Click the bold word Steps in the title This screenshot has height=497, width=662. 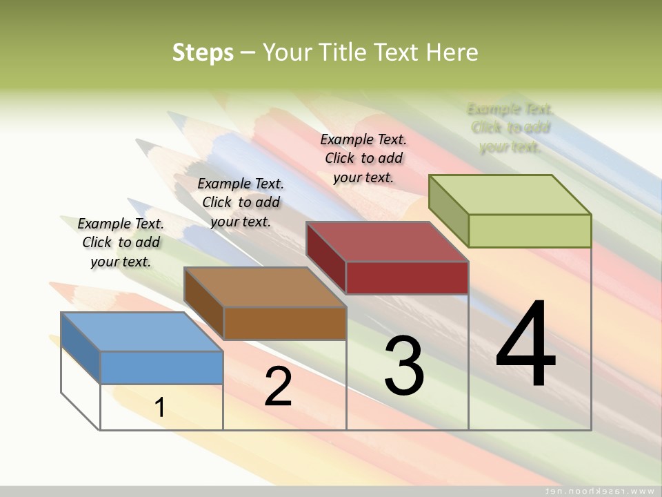coord(203,52)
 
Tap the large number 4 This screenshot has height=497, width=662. coord(525,345)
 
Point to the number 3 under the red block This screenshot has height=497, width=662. coord(404,366)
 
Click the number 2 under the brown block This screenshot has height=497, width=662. coord(278,387)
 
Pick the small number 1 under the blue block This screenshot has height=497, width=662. coord(159,408)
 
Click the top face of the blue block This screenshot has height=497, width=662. coord(142,331)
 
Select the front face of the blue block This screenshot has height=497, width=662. coord(161,367)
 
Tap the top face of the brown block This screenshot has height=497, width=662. coord(265,286)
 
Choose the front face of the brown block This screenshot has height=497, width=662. coord(285,323)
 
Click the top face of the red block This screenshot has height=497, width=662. coord(387,241)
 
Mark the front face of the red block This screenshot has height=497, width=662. coord(407,277)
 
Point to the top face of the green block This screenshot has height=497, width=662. coord(510,194)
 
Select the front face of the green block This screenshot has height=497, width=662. coord(530,231)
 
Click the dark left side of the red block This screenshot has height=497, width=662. coord(325,257)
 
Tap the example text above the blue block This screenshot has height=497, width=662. coord(121,242)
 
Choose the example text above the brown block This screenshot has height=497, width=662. coord(241,202)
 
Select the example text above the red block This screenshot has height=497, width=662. coord(363,158)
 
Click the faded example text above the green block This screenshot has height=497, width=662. coord(510,128)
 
